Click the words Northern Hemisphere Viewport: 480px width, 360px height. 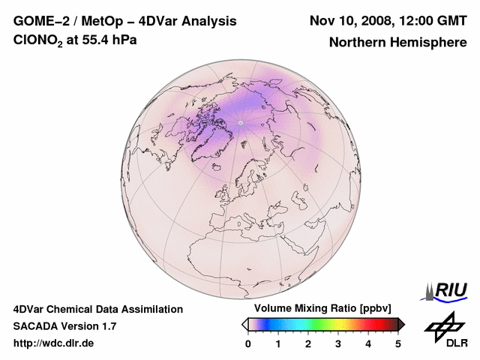[x=397, y=43]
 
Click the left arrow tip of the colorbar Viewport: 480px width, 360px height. [x=244, y=324]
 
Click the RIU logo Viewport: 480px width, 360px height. [x=448, y=290]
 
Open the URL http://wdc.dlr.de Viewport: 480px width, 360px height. [x=54, y=343]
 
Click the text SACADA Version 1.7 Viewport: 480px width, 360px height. [x=64, y=326]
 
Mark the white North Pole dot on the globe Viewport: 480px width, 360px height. [x=240, y=121]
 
